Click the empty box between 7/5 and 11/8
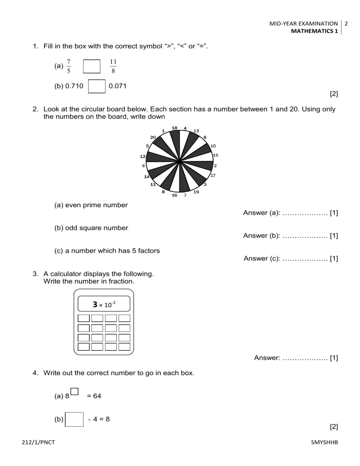[x=92, y=66]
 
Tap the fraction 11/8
[x=113, y=66]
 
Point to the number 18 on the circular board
[x=174, y=128]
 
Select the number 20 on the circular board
[x=153, y=137]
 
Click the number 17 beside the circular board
[x=213, y=175]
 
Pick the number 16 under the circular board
[x=174, y=195]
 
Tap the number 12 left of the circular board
[x=142, y=156]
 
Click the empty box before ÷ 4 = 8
[x=74, y=419]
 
